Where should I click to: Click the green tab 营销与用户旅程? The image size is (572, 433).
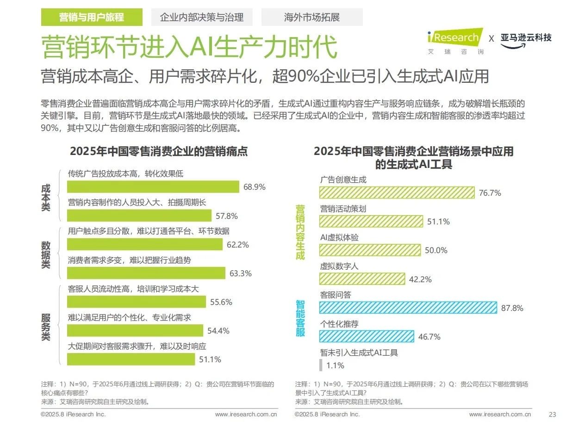click(91, 18)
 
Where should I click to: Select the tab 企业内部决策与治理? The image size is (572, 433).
click(201, 18)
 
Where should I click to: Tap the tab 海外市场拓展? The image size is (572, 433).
click(311, 18)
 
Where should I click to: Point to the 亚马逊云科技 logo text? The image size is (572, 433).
click(526, 37)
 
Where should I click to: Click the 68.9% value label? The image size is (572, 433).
click(254, 187)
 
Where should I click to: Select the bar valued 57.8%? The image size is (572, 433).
click(139, 216)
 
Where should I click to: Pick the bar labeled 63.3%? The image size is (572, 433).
click(146, 273)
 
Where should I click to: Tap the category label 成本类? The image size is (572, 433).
click(46, 198)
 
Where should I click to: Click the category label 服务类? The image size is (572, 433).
click(46, 327)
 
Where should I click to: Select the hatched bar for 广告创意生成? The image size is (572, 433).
click(397, 193)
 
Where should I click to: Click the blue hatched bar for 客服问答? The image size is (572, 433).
click(408, 308)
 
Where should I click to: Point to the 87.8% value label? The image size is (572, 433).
click(512, 308)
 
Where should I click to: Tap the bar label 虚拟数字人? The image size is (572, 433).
click(339, 266)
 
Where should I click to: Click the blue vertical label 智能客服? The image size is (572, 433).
click(300, 318)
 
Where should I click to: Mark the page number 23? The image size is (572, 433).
click(552, 414)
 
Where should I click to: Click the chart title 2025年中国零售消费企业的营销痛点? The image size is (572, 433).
click(158, 151)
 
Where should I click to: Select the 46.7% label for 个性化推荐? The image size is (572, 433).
click(429, 337)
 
